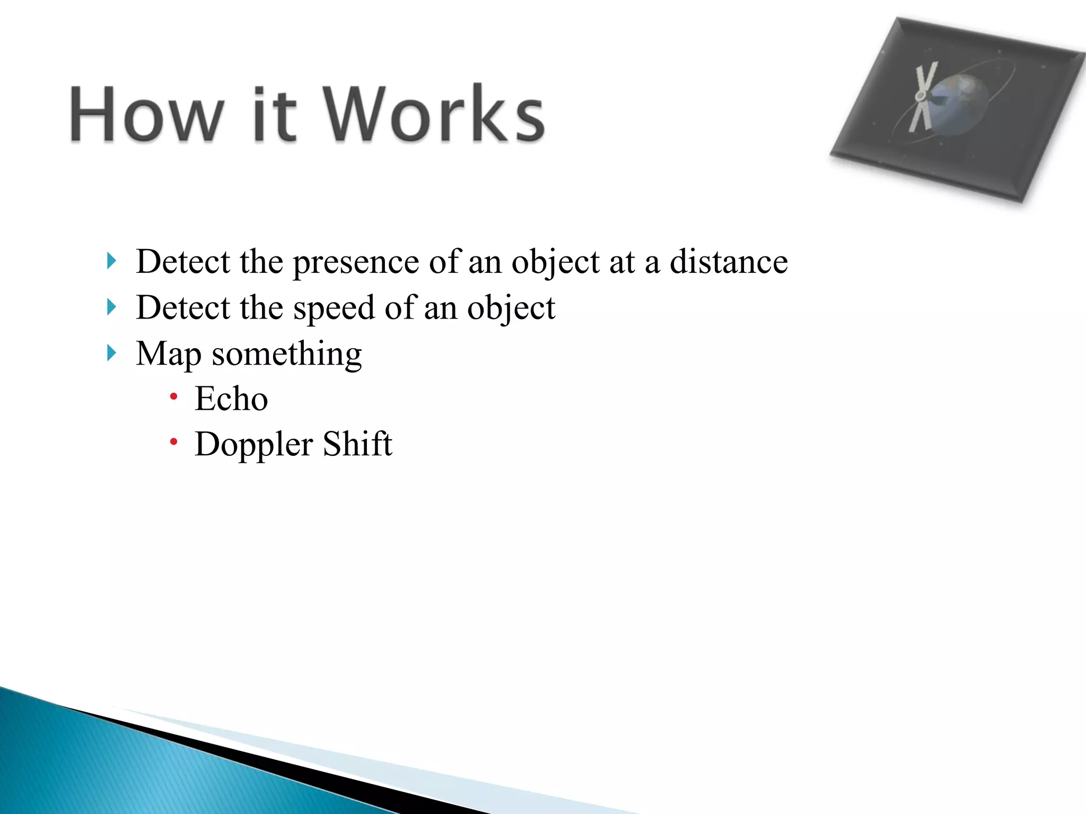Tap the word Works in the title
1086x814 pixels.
tap(434, 114)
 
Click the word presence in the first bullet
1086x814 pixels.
tap(356, 262)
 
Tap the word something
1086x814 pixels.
tap(286, 354)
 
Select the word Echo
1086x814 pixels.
tap(231, 399)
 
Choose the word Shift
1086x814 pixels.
tap(357, 444)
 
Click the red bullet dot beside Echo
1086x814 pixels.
tap(173, 396)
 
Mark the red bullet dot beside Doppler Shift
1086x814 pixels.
tap(173, 441)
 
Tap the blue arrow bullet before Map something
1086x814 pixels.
tap(111, 352)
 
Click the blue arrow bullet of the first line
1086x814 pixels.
tap(111, 261)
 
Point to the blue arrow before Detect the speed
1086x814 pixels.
tap(111, 307)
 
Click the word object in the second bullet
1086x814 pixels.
tap(511, 308)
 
